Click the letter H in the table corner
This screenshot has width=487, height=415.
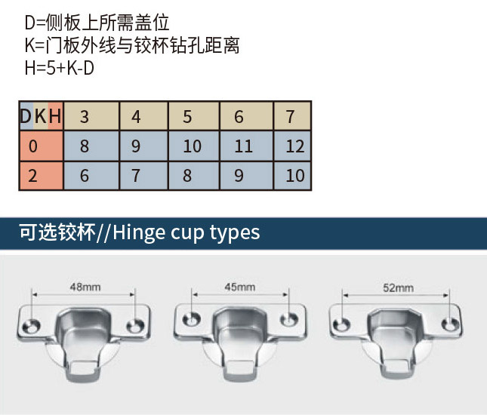pyautogui.click(x=55, y=116)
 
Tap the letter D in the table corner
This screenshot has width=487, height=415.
pyautogui.click(x=26, y=116)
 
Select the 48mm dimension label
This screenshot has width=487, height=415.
pyautogui.click(x=85, y=287)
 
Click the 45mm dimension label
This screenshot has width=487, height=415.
pyautogui.click(x=240, y=287)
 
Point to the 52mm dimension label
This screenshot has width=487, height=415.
pyautogui.click(x=398, y=288)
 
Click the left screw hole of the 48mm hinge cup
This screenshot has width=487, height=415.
pyautogui.click(x=32, y=326)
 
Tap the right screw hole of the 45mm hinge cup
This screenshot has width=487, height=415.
pyautogui.click(x=289, y=320)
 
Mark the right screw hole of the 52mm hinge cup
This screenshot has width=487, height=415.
pyautogui.click(x=450, y=324)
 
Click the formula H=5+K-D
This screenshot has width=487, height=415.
pyautogui.click(x=60, y=69)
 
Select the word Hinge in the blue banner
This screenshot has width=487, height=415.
pyautogui.click(x=139, y=233)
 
